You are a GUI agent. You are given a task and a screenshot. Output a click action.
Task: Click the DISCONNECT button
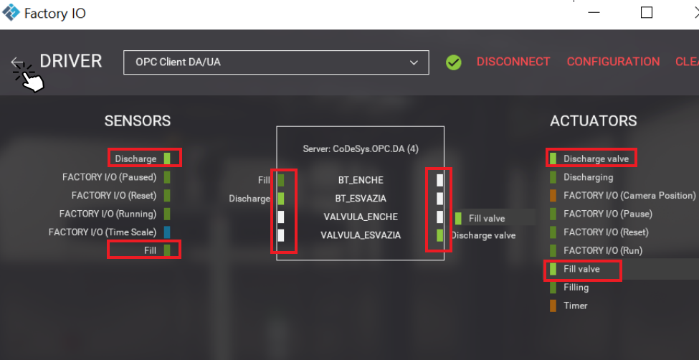pos(513,62)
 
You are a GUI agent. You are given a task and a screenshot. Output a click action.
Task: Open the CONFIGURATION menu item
pos(613,62)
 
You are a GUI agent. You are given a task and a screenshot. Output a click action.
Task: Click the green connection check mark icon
pos(453,62)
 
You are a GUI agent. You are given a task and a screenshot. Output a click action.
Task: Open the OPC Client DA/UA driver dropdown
pos(276,62)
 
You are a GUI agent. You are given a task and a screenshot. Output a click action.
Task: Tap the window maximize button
pos(646,12)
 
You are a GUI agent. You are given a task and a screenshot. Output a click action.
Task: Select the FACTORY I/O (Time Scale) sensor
pos(103,232)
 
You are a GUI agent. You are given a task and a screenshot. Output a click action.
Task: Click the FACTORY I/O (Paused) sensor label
pos(109,176)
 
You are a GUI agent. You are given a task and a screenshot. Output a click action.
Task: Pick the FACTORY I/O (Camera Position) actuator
pos(629,195)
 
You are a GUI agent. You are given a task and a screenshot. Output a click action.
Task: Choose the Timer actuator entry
pos(575,305)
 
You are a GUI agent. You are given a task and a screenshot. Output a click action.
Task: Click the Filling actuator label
pos(576,287)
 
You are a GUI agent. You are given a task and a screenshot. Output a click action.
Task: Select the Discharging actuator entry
pos(588,177)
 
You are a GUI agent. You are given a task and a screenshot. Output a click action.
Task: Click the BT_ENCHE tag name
pos(361,180)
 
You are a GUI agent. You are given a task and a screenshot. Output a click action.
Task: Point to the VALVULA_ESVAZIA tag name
pos(361,235)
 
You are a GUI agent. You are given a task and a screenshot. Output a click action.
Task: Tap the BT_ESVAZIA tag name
pos(361,199)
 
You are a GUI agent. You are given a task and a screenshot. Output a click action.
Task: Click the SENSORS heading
pos(138,121)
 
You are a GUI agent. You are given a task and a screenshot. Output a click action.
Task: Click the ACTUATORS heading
pos(593,121)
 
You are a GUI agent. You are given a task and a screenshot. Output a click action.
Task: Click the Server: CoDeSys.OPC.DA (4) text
pos(361,149)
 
